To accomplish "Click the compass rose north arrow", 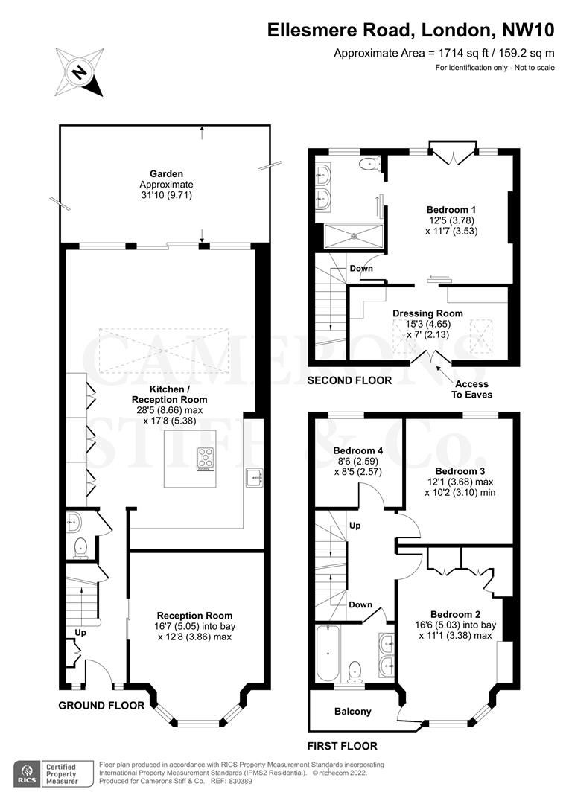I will click(79, 71).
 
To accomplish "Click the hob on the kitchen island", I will click(206, 459).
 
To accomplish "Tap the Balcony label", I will click(352, 712).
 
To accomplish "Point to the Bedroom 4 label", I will click(358, 451).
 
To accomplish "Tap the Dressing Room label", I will click(427, 313).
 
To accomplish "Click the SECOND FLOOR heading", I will click(350, 380).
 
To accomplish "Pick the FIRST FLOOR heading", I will click(342, 746).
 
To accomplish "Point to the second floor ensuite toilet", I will click(368, 164).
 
